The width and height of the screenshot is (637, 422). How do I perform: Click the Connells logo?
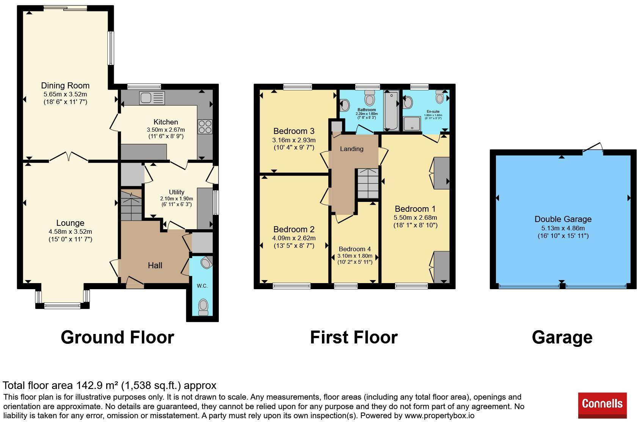pyautogui.click(x=602, y=405)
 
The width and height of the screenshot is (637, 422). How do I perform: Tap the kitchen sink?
pyautogui.click(x=152, y=98)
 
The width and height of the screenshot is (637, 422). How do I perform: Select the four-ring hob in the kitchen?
pyautogui.click(x=205, y=127)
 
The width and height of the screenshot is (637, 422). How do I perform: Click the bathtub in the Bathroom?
pyautogui.click(x=391, y=110)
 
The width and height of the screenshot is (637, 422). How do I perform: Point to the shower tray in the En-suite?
pyautogui.click(x=412, y=124)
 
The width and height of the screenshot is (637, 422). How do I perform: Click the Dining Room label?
pyautogui.click(x=65, y=85)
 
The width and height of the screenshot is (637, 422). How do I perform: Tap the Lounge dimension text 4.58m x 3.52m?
pyautogui.click(x=70, y=231)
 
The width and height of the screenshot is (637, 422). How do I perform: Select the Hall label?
pyautogui.click(x=155, y=266)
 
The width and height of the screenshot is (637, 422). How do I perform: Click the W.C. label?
pyautogui.click(x=202, y=286)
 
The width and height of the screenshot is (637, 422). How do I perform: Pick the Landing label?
pyautogui.click(x=352, y=148)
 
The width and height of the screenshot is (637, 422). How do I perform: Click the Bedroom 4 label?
pyautogui.click(x=355, y=249)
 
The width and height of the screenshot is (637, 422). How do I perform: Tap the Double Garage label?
pyautogui.click(x=563, y=219)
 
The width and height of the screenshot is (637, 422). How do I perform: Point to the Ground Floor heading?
pyautogui.click(x=118, y=337)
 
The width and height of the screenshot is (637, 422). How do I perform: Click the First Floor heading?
pyautogui.click(x=354, y=337)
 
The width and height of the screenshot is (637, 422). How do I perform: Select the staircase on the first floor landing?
pyautogui.click(x=368, y=183)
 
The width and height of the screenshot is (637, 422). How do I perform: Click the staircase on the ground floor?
pyautogui.click(x=131, y=205)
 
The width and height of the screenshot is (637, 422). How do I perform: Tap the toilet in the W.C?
pyautogui.click(x=203, y=307)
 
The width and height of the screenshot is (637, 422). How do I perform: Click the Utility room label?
pyautogui.click(x=177, y=192)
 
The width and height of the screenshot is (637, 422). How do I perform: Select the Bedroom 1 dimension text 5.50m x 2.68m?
pyautogui.click(x=415, y=218)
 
